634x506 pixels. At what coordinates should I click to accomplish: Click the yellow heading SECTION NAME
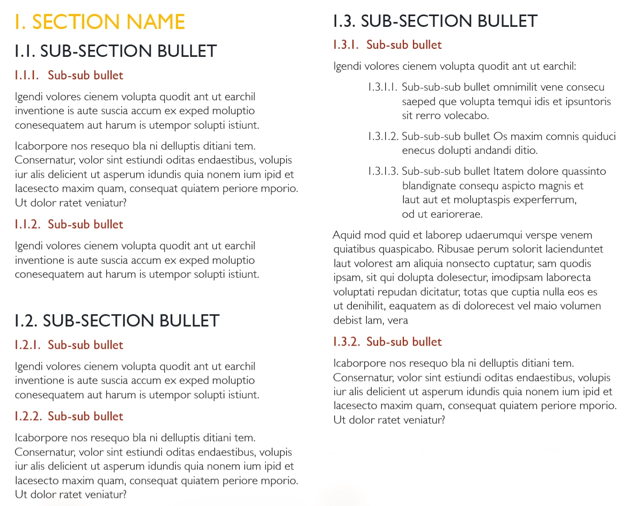[99, 22]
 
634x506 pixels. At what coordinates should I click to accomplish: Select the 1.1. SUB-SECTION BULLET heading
[115, 51]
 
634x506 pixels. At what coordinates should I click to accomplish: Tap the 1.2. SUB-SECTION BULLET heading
[117, 321]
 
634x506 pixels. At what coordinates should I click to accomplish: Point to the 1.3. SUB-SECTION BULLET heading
[435, 21]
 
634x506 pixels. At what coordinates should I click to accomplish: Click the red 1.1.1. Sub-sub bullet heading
[69, 76]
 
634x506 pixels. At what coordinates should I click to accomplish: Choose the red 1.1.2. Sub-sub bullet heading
[69, 225]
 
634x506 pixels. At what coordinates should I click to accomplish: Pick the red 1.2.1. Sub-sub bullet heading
[69, 345]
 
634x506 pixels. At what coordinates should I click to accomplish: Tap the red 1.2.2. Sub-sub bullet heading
[69, 416]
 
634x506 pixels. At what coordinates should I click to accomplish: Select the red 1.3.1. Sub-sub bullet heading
[387, 45]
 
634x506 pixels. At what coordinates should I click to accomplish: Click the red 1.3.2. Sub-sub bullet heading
[387, 342]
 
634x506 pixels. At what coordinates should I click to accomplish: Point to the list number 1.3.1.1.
[382, 87]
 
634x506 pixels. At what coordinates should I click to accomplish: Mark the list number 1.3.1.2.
[382, 136]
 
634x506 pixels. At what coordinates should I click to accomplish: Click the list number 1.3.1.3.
[382, 172]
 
